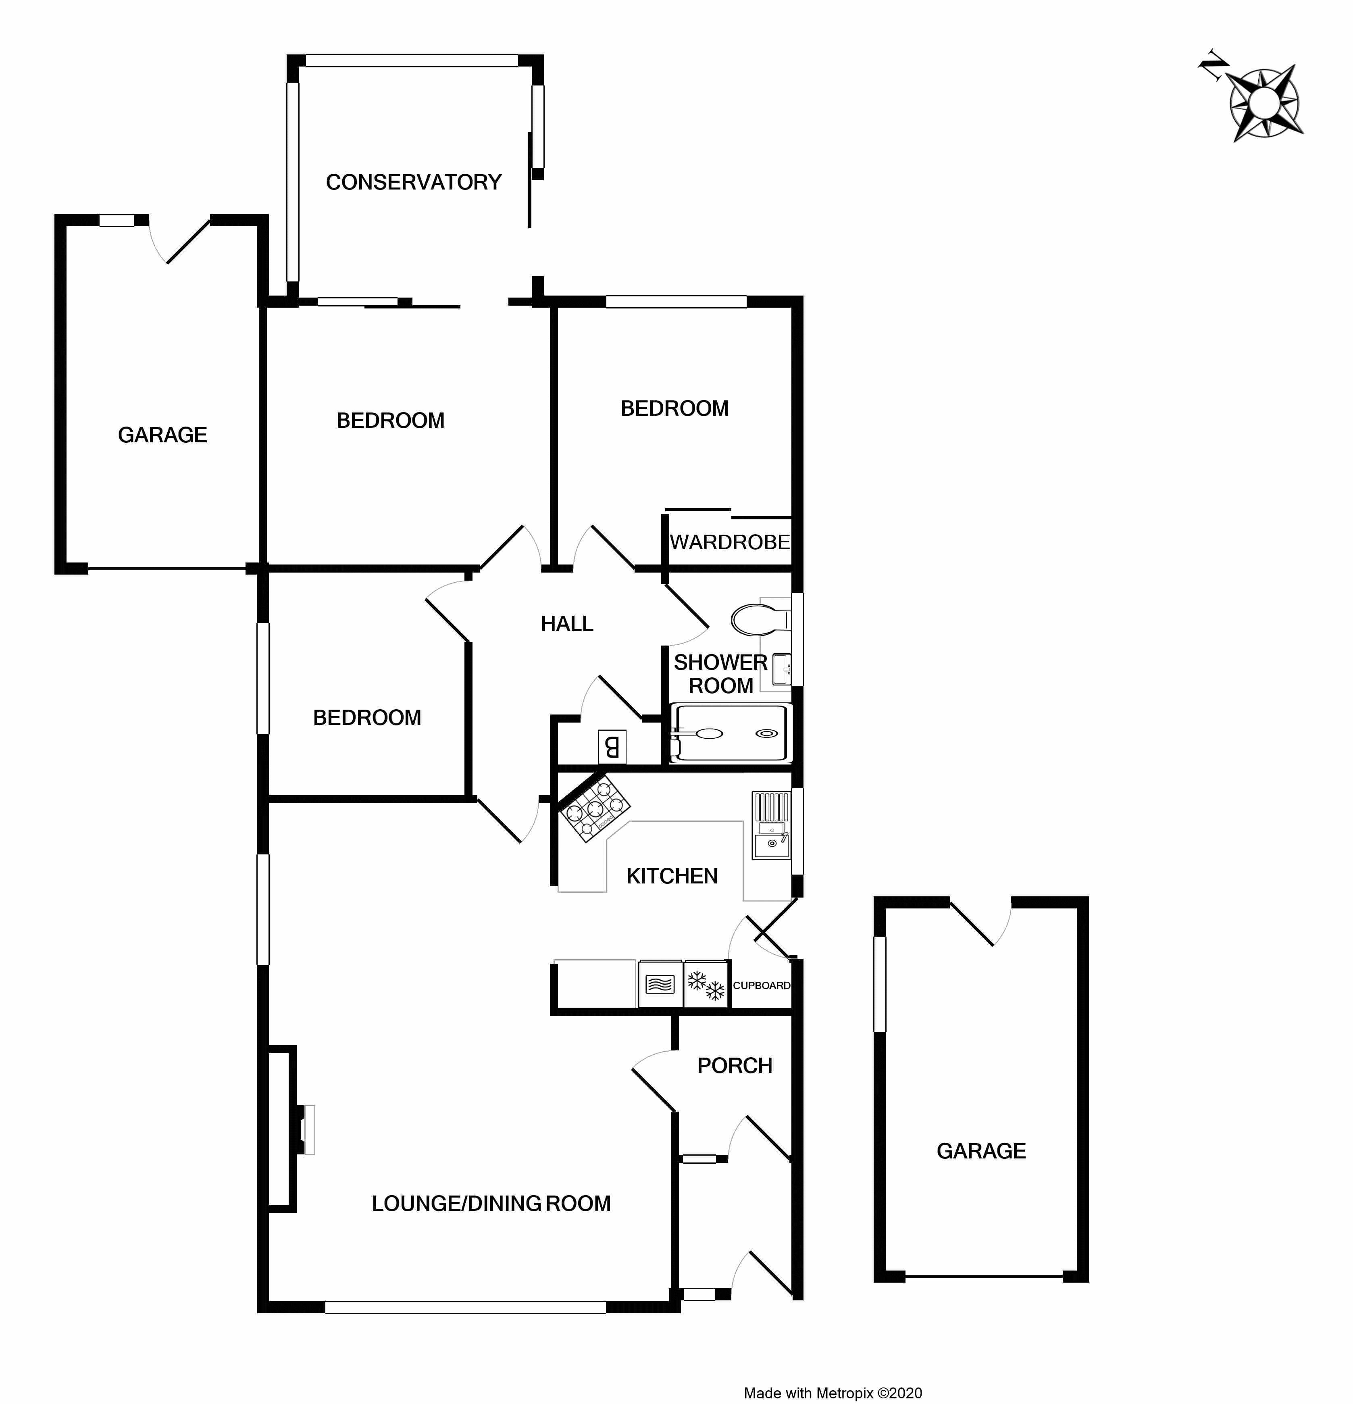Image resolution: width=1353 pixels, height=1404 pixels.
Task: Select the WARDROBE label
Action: pos(729,542)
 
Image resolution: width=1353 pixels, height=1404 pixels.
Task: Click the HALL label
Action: pos(566,624)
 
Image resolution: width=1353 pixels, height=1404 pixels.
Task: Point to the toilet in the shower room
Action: pos(758,620)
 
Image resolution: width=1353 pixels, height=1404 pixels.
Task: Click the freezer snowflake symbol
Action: pos(706,985)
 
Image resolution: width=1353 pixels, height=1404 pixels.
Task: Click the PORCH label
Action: pos(734,1066)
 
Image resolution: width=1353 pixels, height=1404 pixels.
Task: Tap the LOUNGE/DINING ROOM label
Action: pos(491,1204)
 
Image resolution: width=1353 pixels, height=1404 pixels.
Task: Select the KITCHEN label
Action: pos(671,876)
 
